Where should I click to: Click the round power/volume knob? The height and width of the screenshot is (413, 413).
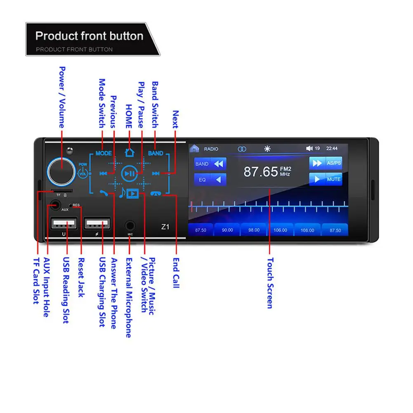(61, 170)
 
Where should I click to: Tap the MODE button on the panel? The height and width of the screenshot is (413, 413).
(104, 153)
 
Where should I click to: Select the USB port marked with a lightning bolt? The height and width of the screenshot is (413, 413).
(97, 224)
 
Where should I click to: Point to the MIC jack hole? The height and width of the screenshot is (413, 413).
(130, 226)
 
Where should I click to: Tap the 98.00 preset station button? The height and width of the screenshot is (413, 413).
(254, 230)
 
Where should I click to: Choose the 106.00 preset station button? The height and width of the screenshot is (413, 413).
(280, 230)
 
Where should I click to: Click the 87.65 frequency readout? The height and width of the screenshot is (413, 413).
(260, 172)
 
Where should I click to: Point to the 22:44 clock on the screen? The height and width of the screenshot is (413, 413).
(332, 149)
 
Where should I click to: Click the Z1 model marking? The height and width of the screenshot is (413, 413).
(165, 227)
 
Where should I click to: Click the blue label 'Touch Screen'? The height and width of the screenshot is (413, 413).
(270, 283)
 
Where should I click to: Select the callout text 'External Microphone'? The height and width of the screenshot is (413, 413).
(129, 297)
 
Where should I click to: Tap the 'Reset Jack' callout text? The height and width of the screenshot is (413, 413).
(81, 277)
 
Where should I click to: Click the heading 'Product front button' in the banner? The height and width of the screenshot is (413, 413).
(89, 36)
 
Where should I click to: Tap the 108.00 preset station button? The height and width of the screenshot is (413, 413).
(307, 230)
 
